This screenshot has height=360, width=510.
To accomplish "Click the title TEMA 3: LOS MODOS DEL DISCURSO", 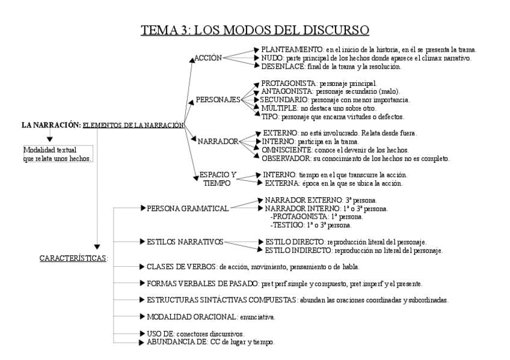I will tap(254, 30).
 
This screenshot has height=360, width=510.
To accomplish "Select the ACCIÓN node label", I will tap(208, 58).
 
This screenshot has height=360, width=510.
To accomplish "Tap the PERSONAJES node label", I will tap(218, 99).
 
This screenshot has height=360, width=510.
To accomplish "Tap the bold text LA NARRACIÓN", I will tap(51, 125).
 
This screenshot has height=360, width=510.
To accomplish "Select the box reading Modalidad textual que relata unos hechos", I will tap(58, 154).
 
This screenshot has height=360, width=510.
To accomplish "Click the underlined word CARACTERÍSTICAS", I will tap(73, 258).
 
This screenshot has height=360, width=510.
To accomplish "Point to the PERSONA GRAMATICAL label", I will tap(188, 208).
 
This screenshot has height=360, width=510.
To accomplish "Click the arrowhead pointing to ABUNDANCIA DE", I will tap(142, 341).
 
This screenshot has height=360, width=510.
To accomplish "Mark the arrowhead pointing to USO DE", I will tap(142, 333).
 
